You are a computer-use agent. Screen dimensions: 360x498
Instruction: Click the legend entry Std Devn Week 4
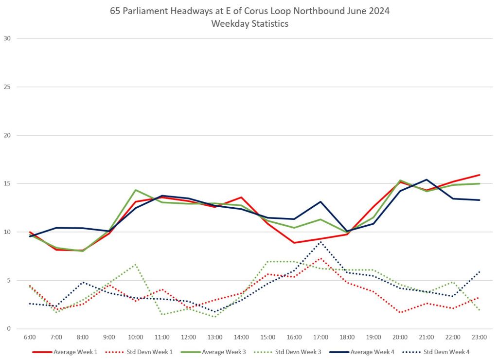[x=446, y=351]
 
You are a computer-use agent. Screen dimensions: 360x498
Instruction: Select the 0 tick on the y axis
[x=8, y=329]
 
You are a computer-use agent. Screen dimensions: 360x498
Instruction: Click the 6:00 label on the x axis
[x=30, y=337]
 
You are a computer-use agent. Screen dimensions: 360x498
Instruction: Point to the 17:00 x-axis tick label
[x=320, y=337]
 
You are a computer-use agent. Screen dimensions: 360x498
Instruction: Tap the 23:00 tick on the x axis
[x=480, y=337]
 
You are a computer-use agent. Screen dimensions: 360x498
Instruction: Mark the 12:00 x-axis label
[x=188, y=337]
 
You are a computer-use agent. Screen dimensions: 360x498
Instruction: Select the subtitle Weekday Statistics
[x=249, y=24]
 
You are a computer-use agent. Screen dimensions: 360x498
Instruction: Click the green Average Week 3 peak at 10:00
[x=136, y=190]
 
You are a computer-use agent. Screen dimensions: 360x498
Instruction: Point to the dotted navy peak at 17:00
[x=320, y=242]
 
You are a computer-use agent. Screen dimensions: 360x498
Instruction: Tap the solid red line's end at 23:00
[x=480, y=175]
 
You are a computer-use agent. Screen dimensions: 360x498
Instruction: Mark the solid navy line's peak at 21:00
[x=427, y=180]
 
